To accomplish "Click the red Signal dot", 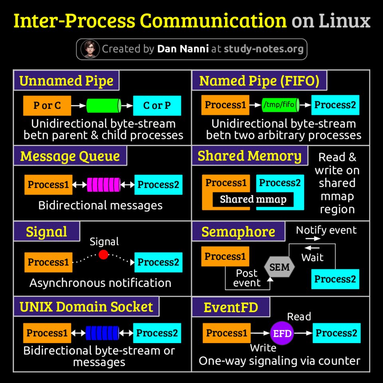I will click(x=103, y=255).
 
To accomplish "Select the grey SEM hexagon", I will click(x=280, y=267).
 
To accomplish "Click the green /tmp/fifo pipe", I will click(x=280, y=105).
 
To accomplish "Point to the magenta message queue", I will click(x=103, y=185).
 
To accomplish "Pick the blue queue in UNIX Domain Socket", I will click(x=102, y=333).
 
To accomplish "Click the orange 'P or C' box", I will click(x=47, y=106).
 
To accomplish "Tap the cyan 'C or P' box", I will click(x=157, y=106).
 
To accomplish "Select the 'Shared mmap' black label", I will click(x=253, y=199).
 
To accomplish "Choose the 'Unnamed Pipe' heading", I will click(x=66, y=81).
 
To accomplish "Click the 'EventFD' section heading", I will click(x=231, y=307).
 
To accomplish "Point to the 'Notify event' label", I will click(x=326, y=230).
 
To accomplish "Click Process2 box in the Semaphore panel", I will click(x=335, y=279).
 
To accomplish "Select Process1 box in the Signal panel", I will click(x=48, y=262).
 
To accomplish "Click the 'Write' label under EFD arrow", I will click(x=263, y=348).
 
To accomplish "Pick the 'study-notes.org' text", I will click(x=263, y=49).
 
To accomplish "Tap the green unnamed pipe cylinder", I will click(x=104, y=106).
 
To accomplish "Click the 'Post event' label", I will click(x=247, y=278).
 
